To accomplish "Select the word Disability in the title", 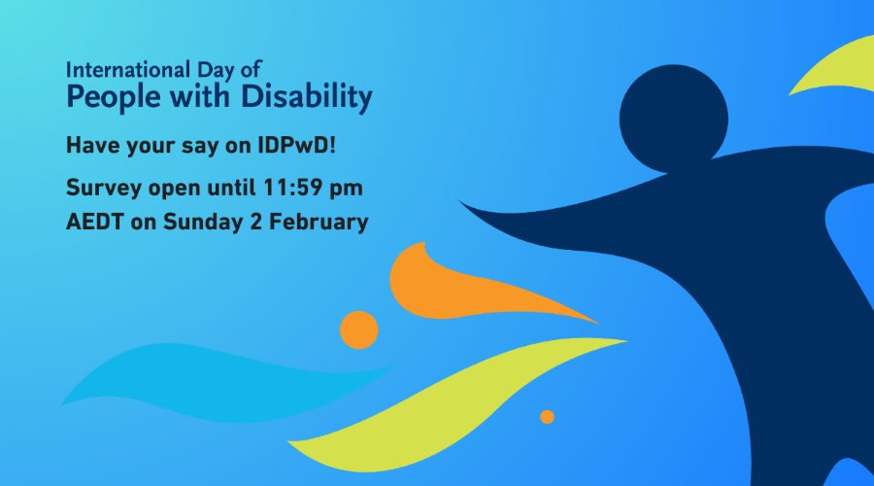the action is [x=307, y=97].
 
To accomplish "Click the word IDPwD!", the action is [x=296, y=145].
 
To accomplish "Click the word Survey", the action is [x=104, y=188].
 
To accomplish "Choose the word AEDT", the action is [x=95, y=222].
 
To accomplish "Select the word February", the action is [x=319, y=223].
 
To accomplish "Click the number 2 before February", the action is [x=255, y=222].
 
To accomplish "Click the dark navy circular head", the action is [x=673, y=119].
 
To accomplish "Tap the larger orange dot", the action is [x=359, y=330].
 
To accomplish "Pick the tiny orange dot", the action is [x=548, y=417].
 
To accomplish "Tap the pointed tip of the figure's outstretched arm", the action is [x=458, y=200].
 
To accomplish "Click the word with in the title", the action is [x=200, y=96].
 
